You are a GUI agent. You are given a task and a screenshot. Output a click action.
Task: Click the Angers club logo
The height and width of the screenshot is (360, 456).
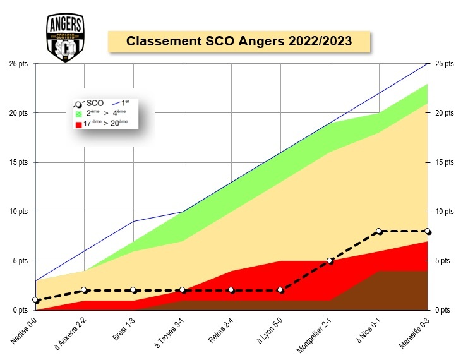66,37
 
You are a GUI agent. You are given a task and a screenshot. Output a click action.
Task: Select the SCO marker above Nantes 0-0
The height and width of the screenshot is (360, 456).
36,300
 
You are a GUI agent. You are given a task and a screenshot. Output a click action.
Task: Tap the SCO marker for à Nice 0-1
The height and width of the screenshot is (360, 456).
378,231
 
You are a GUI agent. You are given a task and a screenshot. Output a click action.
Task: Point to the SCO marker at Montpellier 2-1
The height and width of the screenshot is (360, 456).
330,260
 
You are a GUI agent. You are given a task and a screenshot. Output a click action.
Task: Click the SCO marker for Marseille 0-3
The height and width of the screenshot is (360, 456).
428,231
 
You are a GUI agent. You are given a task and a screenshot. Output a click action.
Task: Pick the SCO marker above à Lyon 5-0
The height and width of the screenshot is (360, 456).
280,290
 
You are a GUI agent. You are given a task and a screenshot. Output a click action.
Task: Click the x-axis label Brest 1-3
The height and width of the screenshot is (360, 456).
124,329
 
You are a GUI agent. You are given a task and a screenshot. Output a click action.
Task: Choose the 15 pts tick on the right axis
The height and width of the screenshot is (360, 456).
445,162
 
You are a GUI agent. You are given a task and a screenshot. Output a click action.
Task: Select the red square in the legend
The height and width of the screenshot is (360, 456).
79,124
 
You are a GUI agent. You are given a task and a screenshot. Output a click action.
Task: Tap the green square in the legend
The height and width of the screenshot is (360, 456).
79,114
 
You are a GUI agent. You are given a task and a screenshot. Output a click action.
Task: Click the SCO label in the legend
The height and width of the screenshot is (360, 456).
95,103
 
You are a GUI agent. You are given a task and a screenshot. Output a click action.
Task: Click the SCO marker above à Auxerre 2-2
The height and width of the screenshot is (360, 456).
85,290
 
